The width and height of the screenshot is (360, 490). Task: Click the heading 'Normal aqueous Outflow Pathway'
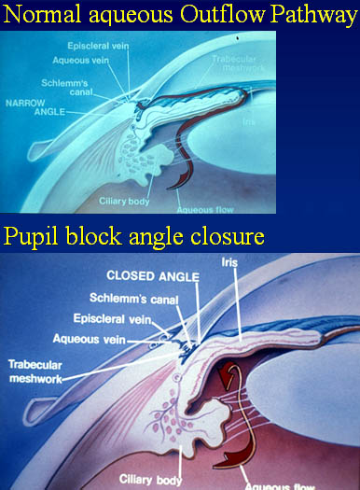click(180, 14)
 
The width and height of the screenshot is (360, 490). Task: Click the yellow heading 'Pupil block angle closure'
click(133, 235)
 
